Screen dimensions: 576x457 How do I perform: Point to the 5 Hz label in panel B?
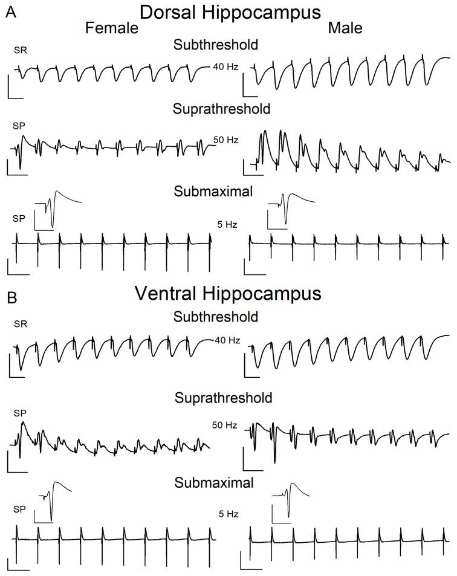coord(228,514)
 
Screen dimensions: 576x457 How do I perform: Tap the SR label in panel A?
coord(21,51)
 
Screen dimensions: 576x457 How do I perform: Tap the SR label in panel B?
coord(21,324)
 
